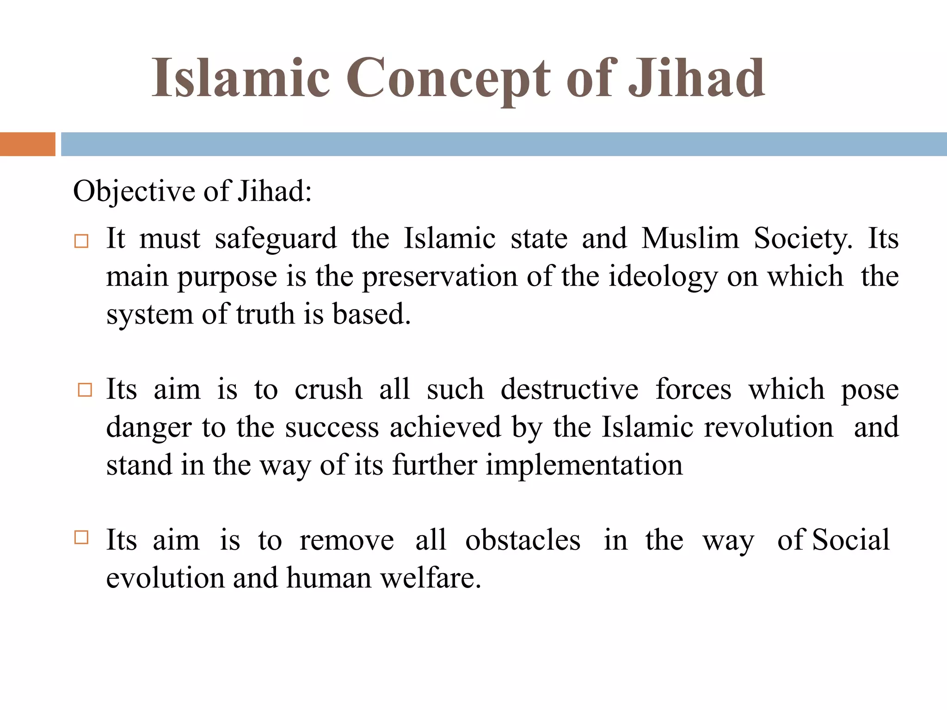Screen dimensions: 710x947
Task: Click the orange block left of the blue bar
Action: [x=27, y=144]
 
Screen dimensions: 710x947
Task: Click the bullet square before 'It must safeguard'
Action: [x=81, y=241]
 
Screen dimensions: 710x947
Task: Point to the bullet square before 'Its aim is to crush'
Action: [x=85, y=390]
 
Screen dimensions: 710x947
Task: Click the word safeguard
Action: [x=276, y=239]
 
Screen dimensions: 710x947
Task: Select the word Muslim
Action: [x=690, y=239]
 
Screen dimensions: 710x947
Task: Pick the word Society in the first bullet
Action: [x=803, y=239]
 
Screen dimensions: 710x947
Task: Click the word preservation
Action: [x=440, y=277]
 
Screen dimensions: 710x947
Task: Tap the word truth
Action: [x=265, y=314]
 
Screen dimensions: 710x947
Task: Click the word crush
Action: [x=328, y=389]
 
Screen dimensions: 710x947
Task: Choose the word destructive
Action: [x=569, y=389]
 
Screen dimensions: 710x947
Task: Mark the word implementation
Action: [x=584, y=465]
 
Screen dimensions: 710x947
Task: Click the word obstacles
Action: [x=523, y=540]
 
